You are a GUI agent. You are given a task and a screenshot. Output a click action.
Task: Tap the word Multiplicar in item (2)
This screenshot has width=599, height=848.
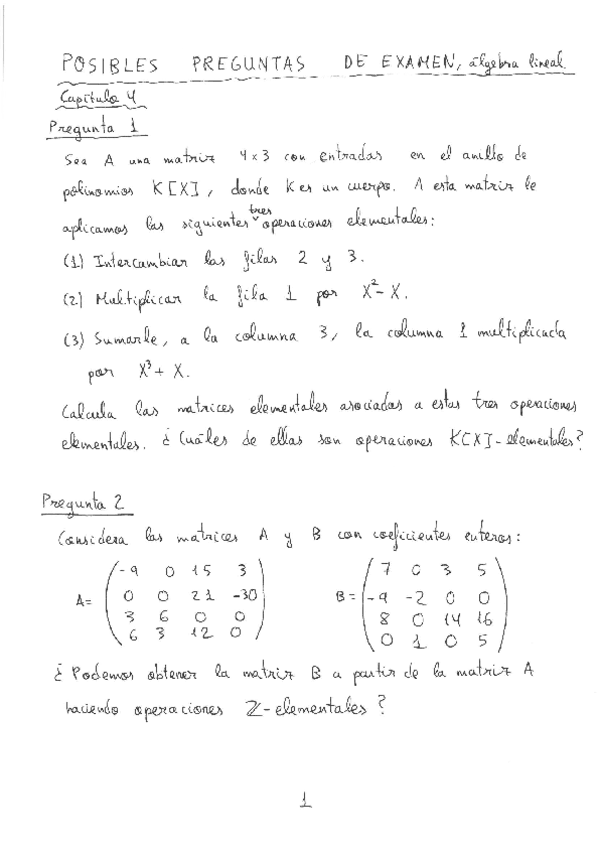point(135,297)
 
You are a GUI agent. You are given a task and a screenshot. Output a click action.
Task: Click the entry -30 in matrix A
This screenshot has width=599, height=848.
point(241,596)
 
